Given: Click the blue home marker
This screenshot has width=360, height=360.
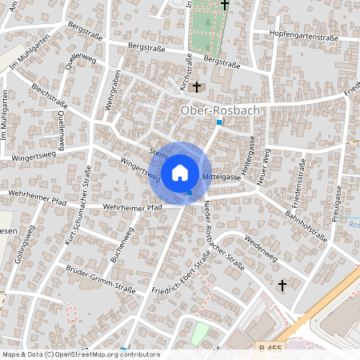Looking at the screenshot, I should [x=180, y=172].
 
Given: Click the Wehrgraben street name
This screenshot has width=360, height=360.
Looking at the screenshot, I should [x=111, y=94].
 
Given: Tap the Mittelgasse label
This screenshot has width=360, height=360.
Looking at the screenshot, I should [x=222, y=174].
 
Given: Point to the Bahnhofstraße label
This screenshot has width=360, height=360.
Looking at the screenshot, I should [x=308, y=214].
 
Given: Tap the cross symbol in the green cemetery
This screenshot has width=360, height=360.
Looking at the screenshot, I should [x=225, y=5].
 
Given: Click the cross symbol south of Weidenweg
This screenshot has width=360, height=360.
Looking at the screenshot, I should [x=282, y=285].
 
